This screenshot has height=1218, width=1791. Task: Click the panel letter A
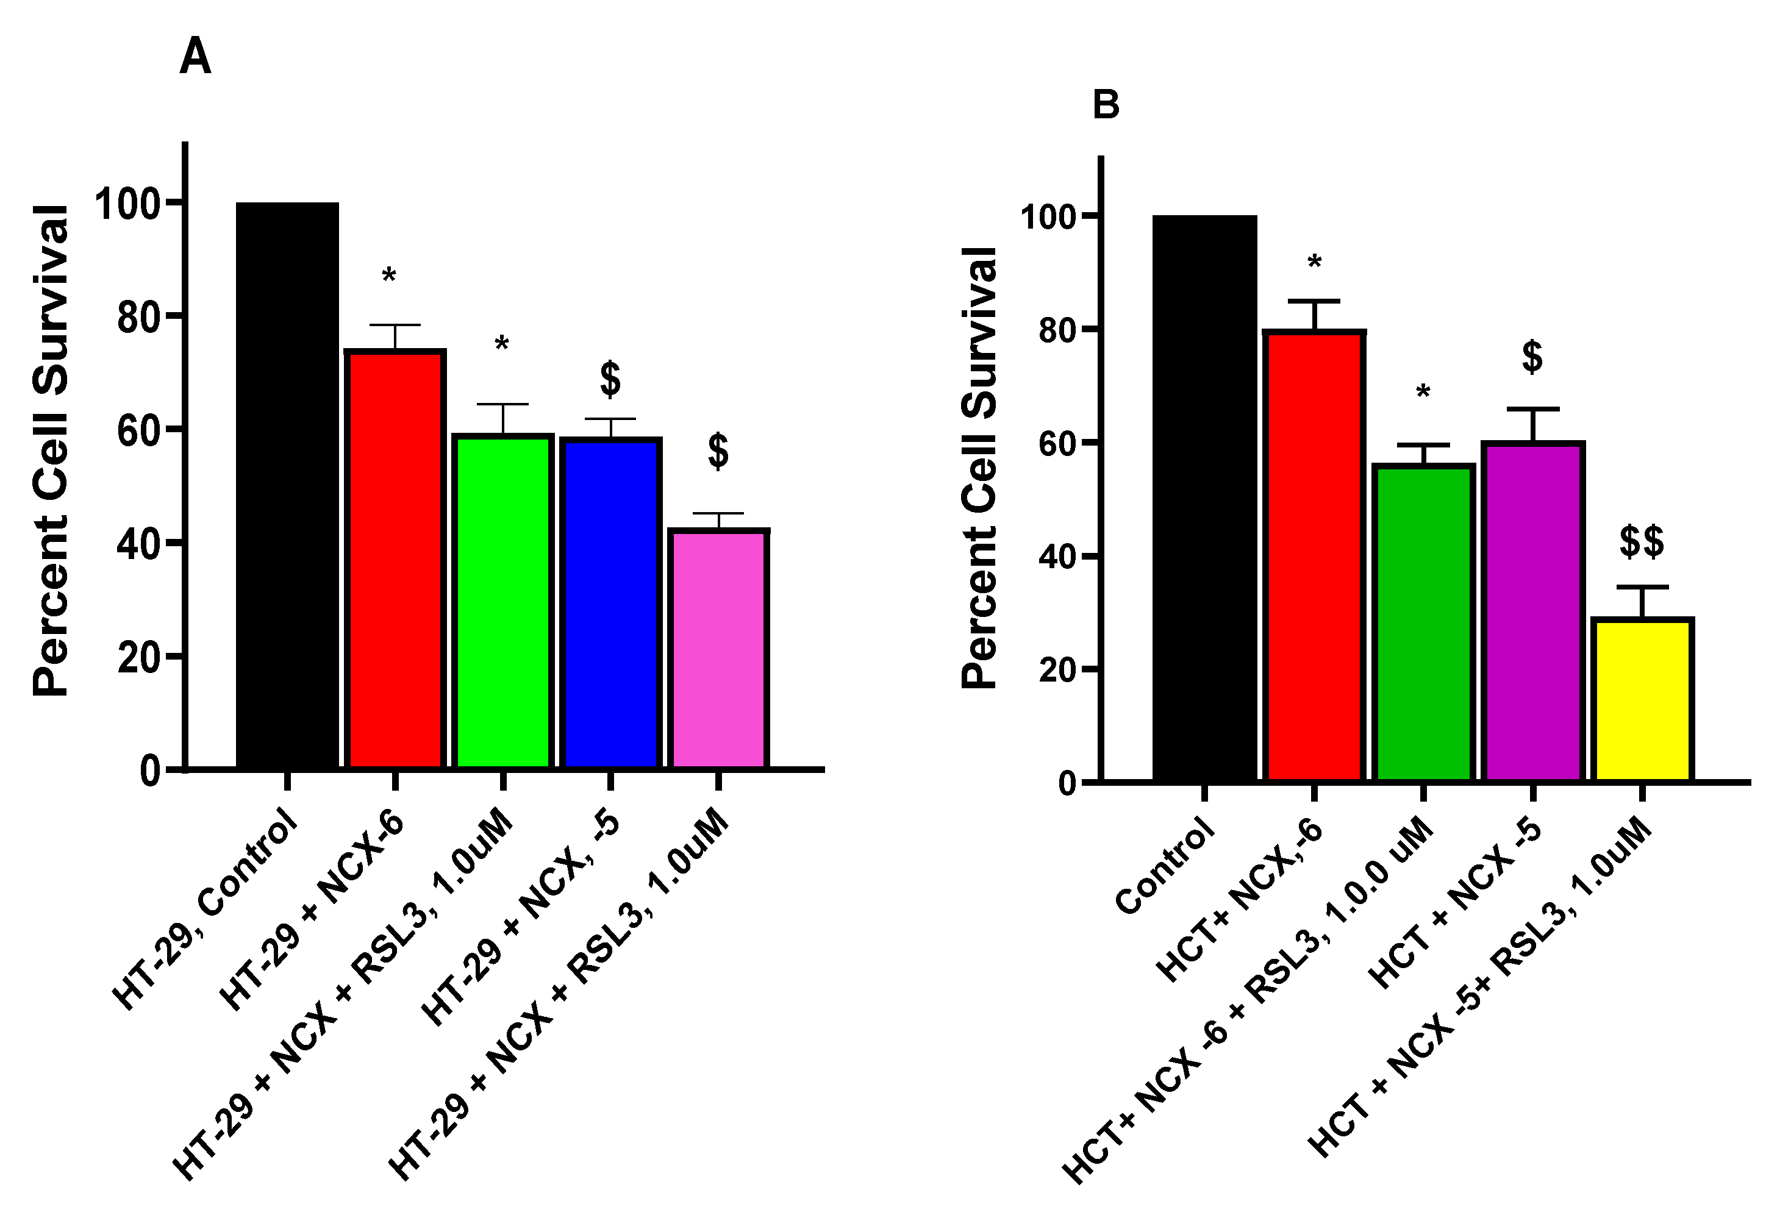pyautogui.click(x=195, y=58)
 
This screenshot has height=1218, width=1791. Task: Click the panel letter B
pyautogui.click(x=1106, y=105)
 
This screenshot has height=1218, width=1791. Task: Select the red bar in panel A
pyautogui.click(x=395, y=558)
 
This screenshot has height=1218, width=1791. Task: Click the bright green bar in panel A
pyautogui.click(x=502, y=601)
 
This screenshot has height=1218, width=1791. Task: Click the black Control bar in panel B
pyautogui.click(x=1204, y=497)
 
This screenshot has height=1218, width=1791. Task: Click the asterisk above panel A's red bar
pyautogui.click(x=389, y=276)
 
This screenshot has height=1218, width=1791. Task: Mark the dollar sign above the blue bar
pyautogui.click(x=610, y=379)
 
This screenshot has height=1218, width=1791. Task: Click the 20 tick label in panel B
pyautogui.click(x=1057, y=670)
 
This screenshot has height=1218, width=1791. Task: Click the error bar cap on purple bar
pyautogui.click(x=1533, y=409)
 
